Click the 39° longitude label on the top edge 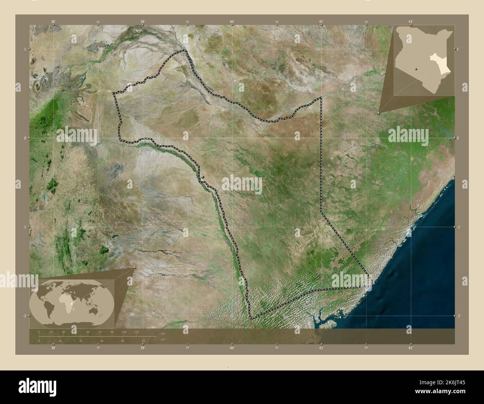(143, 22)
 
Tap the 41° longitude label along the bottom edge (321, 348)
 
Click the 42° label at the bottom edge (410, 348)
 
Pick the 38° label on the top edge (53, 22)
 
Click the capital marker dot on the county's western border (203, 178)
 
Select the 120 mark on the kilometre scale (136, 332)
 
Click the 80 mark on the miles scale (143, 341)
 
